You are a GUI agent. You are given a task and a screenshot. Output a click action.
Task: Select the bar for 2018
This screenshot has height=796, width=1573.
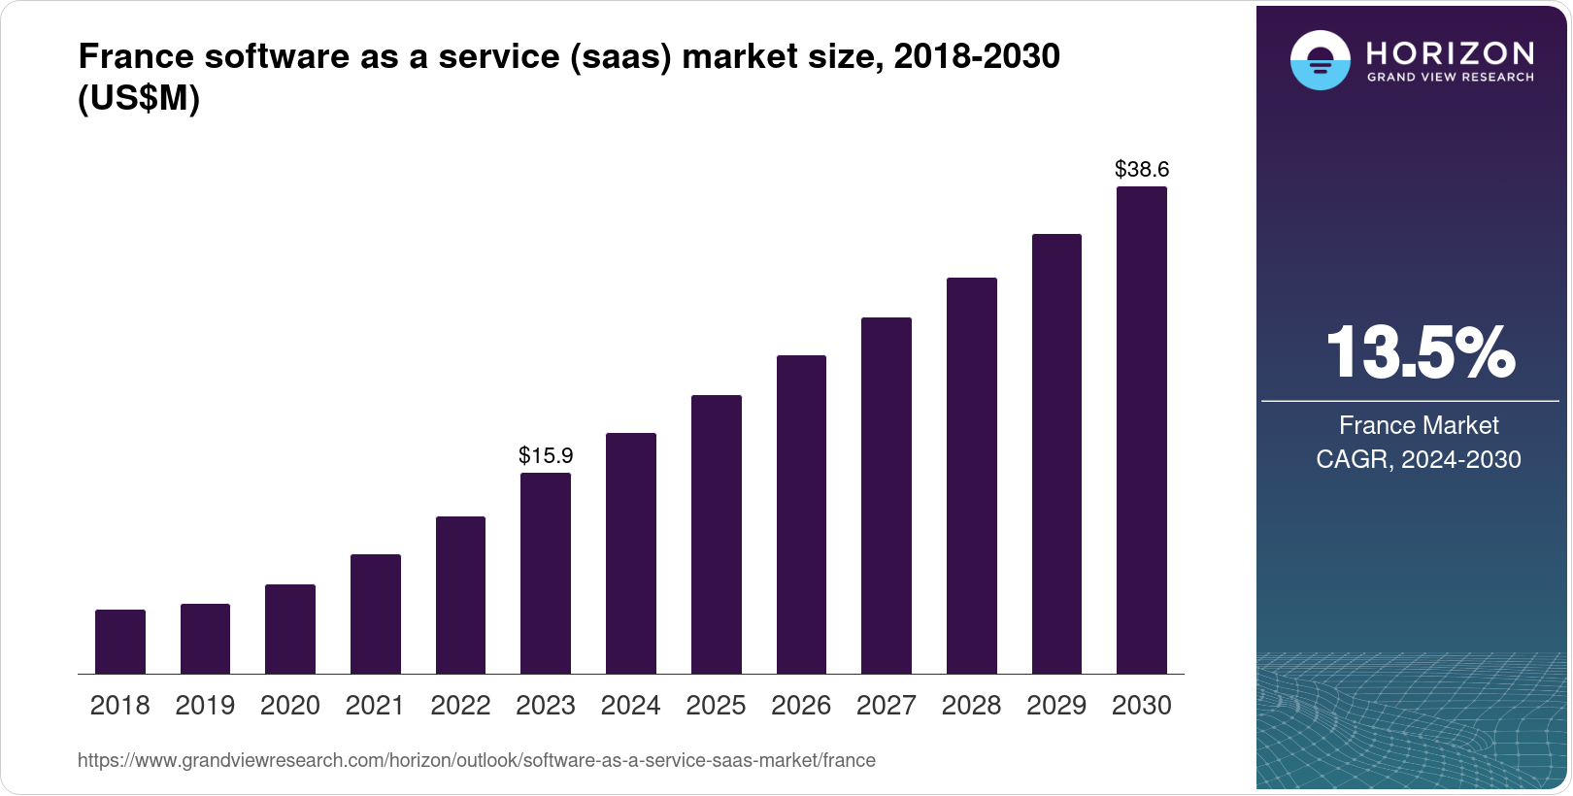(x=120, y=642)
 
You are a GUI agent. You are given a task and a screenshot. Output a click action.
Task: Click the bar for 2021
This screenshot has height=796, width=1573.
(x=376, y=614)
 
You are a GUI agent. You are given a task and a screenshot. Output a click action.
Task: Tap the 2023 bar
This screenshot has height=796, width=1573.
(x=546, y=573)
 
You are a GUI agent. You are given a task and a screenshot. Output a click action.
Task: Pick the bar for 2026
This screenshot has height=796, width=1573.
(x=801, y=514)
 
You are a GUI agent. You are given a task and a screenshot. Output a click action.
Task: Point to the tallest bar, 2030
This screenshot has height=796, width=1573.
(x=1142, y=430)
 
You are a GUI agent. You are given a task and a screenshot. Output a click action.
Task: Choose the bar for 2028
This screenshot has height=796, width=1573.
(x=972, y=476)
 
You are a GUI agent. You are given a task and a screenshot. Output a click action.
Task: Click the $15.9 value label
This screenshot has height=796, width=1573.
(x=546, y=455)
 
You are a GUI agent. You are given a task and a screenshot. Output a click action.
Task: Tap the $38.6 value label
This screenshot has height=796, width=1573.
(x=1142, y=170)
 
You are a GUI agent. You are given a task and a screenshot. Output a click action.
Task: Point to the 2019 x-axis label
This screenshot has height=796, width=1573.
(x=205, y=706)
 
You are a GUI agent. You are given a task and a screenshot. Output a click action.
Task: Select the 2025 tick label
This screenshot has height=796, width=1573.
(x=716, y=706)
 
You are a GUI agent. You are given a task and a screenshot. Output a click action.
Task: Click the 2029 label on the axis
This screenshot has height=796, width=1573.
(x=1056, y=706)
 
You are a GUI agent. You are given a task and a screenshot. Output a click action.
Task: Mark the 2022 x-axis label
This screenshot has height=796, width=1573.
(x=460, y=706)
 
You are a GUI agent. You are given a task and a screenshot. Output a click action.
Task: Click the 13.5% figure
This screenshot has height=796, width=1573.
(x=1420, y=352)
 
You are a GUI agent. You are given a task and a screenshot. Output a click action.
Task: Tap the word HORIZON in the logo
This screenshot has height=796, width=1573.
(x=1451, y=52)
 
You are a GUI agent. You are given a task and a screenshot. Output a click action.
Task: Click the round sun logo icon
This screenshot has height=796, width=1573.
(x=1320, y=60)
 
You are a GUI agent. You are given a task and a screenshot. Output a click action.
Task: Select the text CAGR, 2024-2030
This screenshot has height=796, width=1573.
(x=1419, y=459)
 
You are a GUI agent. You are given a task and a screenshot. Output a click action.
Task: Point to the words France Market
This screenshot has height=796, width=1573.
(x=1419, y=425)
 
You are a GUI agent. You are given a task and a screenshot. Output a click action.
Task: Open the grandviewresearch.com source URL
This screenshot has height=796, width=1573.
(x=476, y=761)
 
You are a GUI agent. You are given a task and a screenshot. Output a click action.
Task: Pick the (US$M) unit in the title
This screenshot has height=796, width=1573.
(x=139, y=99)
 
